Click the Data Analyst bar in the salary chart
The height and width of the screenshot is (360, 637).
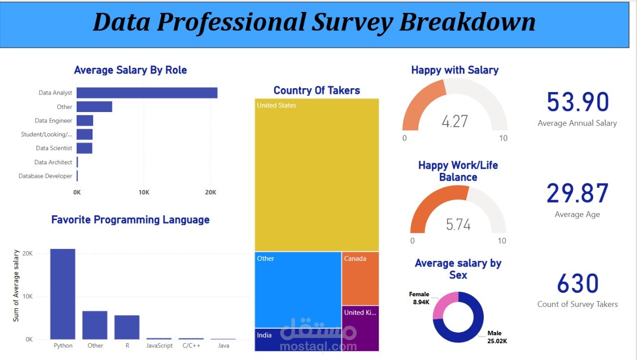[147, 93]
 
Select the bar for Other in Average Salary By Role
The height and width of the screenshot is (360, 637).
[94, 107]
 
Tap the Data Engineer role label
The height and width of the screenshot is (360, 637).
[53, 120]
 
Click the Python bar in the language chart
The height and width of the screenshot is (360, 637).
[63, 294]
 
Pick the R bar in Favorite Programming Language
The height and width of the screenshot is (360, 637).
[127, 327]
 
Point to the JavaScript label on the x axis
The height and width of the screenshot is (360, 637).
[159, 346]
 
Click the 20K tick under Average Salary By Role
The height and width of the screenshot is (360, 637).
[211, 192]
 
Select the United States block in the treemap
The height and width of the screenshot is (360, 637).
[317, 174]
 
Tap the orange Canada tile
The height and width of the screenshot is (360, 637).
[360, 278]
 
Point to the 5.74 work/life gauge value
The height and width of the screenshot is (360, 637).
[458, 225]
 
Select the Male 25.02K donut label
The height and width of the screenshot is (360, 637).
[497, 337]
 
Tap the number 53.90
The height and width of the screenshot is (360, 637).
[577, 102]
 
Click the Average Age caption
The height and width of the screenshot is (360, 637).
[577, 215]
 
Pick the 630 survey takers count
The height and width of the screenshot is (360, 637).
[577, 284]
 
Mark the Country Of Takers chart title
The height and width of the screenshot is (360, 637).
[317, 90]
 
